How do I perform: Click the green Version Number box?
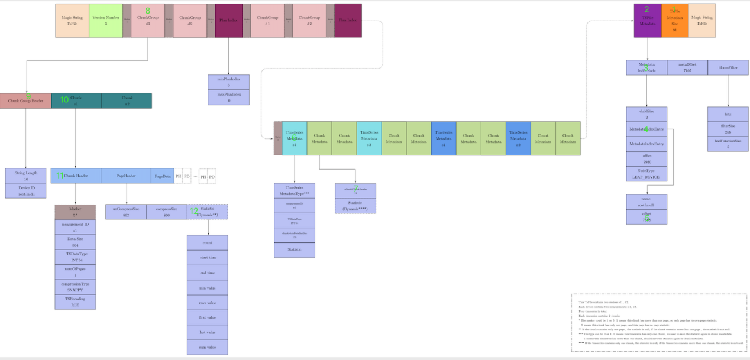click(x=106, y=21)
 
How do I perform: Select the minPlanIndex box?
click(x=228, y=82)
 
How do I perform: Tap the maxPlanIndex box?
click(x=228, y=98)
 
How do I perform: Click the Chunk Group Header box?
click(x=25, y=101)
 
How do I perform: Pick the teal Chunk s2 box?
click(x=127, y=101)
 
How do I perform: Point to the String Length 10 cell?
click(x=25, y=176)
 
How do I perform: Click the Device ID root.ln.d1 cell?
click(x=25, y=190)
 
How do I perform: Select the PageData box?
click(x=163, y=176)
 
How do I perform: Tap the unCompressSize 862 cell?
click(x=126, y=212)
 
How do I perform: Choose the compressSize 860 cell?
click(x=167, y=212)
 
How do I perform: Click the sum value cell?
click(x=207, y=347)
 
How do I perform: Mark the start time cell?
click(x=207, y=258)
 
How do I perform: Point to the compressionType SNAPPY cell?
click(x=75, y=287)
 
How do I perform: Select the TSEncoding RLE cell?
click(x=75, y=302)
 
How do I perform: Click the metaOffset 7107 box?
click(x=687, y=67)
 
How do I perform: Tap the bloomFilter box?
click(x=728, y=67)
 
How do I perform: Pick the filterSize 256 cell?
click(x=728, y=129)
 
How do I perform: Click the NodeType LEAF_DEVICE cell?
click(x=646, y=173)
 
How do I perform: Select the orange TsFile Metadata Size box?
click(x=674, y=21)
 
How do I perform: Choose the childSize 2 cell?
click(x=646, y=114)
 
